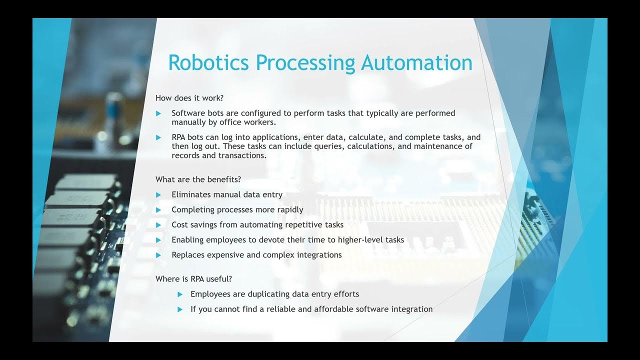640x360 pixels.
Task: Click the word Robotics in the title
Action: (209, 63)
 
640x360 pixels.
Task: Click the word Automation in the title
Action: (417, 63)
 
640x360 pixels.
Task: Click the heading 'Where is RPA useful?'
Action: (193, 278)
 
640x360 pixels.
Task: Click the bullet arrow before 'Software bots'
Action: (158, 113)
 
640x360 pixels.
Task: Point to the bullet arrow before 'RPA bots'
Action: (158, 137)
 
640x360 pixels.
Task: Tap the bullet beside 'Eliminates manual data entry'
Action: (158, 195)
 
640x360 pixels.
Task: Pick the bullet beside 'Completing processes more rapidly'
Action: (158, 210)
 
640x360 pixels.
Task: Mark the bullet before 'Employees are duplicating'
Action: (180, 294)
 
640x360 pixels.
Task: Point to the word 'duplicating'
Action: (268, 294)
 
